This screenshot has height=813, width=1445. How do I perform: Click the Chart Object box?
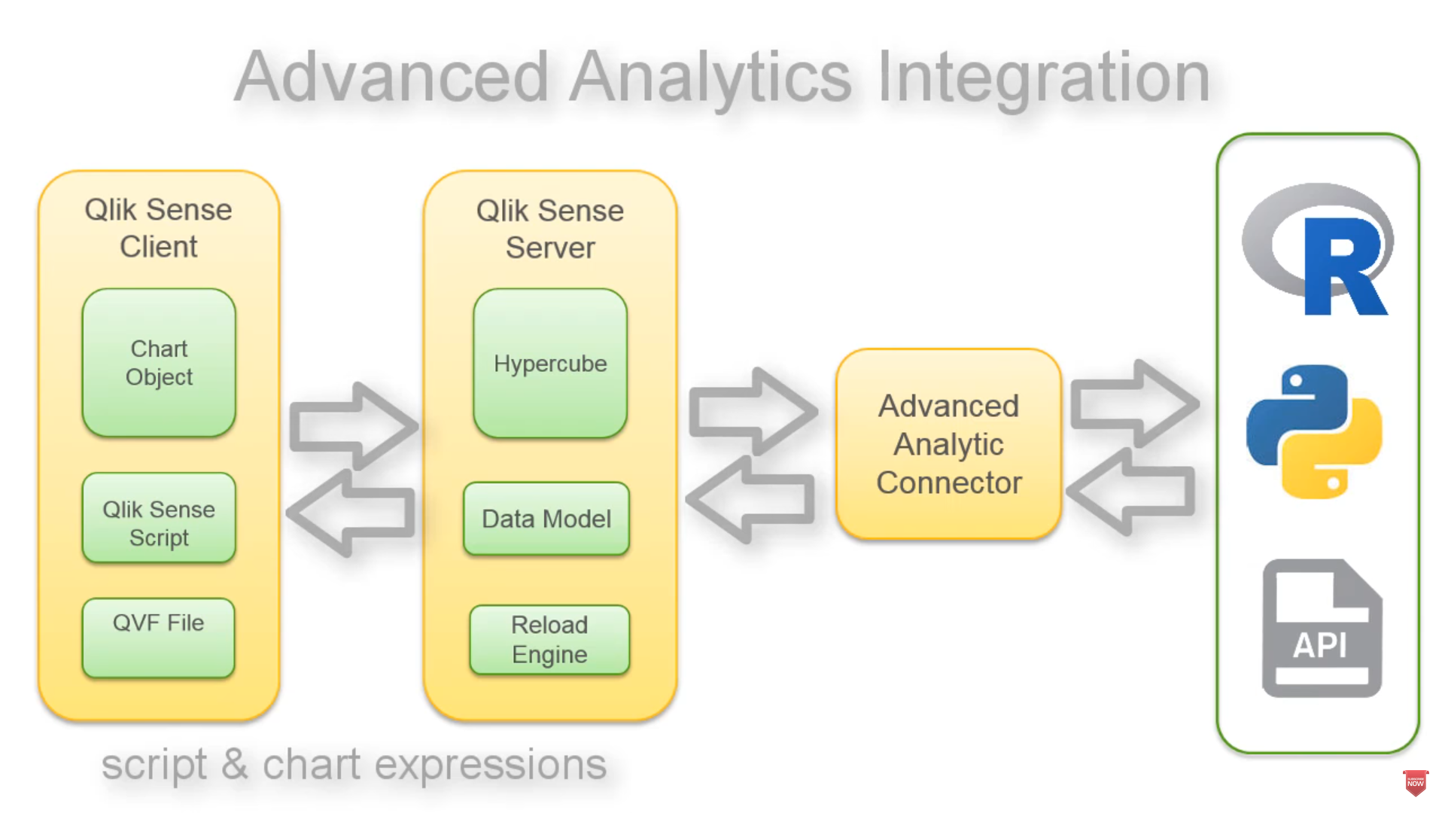coord(159,363)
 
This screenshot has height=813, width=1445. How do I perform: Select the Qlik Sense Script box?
coord(159,519)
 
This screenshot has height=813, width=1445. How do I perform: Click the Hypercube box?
coord(550,364)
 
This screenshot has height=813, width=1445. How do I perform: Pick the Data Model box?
coord(546,519)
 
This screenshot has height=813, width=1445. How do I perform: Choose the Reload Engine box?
coord(549,639)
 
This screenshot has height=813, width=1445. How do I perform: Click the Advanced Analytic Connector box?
coord(948,444)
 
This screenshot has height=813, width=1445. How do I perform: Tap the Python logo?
coord(1314,431)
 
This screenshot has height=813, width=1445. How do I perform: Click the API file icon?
coord(1322,629)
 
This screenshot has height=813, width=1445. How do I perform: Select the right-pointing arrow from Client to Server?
coord(354,426)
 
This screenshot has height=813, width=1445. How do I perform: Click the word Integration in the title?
coord(1043,77)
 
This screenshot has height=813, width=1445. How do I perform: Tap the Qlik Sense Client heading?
coord(158,227)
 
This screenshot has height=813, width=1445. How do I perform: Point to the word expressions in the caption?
coord(490,765)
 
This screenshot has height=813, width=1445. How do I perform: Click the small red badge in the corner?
coord(1415,782)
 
